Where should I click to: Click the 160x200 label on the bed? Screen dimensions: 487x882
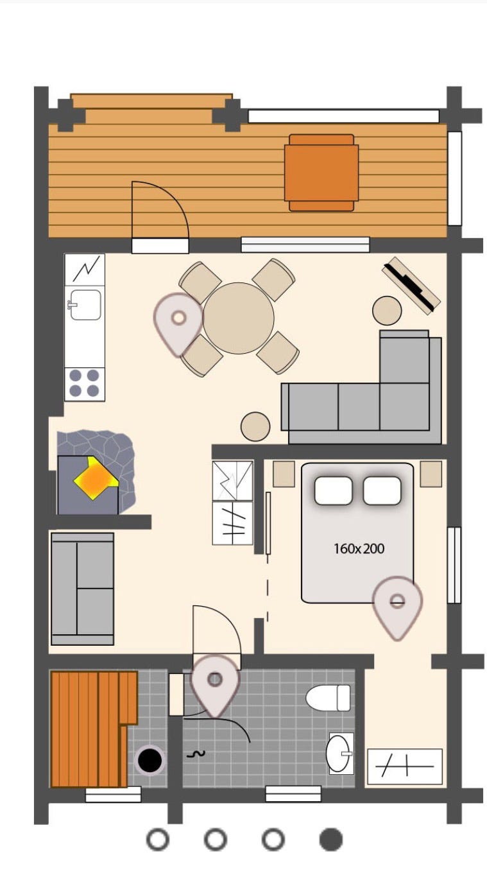[x=359, y=548]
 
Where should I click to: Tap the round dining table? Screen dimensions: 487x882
[x=238, y=318]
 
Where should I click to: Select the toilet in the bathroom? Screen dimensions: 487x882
[x=328, y=698]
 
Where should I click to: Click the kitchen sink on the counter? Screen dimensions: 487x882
[x=85, y=305]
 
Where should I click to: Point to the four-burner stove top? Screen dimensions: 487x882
[x=85, y=383]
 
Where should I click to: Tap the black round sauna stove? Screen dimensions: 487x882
[x=150, y=760]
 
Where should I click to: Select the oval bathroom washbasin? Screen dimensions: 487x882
[x=338, y=753]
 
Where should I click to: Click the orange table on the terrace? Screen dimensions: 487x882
[x=321, y=173]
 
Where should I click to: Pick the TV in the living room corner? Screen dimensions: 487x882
[x=411, y=286]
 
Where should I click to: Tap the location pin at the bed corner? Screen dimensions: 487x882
[x=398, y=607]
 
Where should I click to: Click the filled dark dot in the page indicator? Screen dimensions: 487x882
[x=330, y=839]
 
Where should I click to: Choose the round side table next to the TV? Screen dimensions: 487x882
[x=387, y=311]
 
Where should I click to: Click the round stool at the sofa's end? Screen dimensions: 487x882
[x=255, y=426]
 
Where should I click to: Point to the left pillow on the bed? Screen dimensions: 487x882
[x=333, y=490]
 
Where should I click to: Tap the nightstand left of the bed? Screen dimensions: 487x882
[x=284, y=474]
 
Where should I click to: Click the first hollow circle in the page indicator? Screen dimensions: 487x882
[x=158, y=839]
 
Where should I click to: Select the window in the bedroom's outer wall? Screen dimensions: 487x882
[x=454, y=565]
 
